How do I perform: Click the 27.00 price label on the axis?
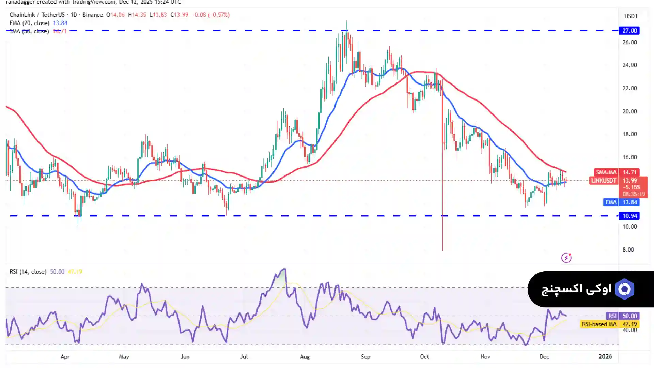coord(629,31)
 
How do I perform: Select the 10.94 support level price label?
coord(629,216)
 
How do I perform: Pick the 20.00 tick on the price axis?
coord(629,111)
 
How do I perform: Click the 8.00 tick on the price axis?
coord(628,250)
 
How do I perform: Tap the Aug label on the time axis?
coord(305,357)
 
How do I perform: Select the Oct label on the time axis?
coord(424,357)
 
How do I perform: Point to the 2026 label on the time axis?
coord(605,357)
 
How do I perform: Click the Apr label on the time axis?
coord(65,357)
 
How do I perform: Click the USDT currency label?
coord(631,16)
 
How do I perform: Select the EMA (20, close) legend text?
coord(29,23)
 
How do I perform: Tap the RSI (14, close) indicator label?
coord(28,272)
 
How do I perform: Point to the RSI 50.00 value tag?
coord(622,316)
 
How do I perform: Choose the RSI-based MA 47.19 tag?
coord(609,324)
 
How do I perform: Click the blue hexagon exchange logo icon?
coord(624,289)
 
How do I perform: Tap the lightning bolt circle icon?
coord(566,258)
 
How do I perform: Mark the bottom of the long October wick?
coord(442,250)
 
